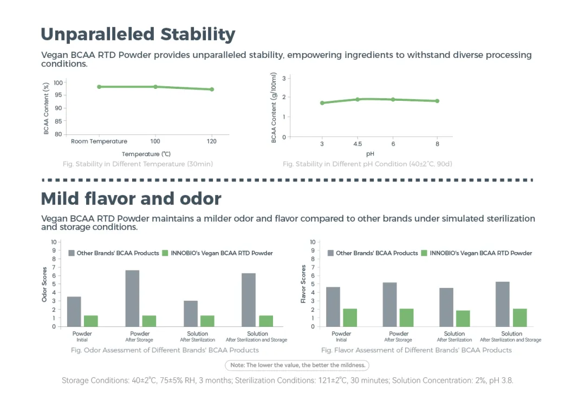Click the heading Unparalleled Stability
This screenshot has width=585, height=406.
[138, 34]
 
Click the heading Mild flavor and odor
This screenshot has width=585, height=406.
[131, 198]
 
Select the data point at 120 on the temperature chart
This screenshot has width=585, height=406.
[212, 89]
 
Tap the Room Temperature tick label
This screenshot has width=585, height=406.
[99, 141]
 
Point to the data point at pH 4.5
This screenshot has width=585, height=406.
[357, 99]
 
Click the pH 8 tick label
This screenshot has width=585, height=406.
[437, 144]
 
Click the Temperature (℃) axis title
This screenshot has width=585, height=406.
[146, 154]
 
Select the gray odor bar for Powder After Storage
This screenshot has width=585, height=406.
[133, 298]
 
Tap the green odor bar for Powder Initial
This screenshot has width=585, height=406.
[91, 321]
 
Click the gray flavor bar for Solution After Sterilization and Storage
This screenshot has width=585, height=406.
[503, 304]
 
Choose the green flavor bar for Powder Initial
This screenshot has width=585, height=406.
[350, 318]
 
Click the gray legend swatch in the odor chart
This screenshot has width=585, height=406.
[71, 253]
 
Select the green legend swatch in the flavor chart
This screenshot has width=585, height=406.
[424, 253]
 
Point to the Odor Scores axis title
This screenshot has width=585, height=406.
[45, 284]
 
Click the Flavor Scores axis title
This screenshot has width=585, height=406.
[304, 284]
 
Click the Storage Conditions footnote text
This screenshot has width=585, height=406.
[287, 381]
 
